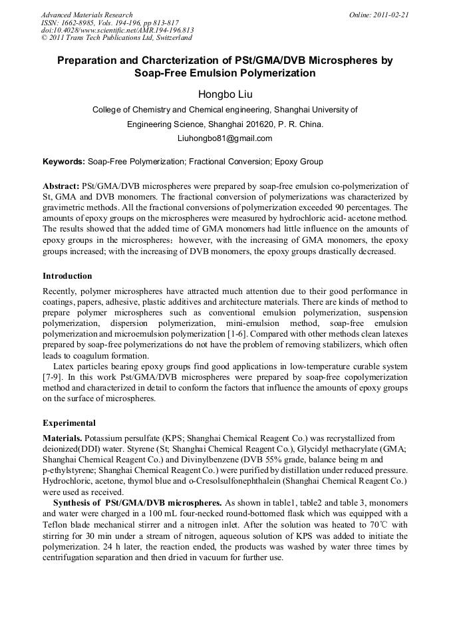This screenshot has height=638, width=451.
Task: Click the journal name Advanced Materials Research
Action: (86, 15)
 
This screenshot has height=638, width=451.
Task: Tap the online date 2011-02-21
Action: (390, 15)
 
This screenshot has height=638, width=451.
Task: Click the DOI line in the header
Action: (117, 31)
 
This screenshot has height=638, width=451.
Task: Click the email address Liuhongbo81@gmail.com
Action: (225, 138)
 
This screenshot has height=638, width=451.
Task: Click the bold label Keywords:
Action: (64, 161)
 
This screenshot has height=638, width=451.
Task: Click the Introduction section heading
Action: (67, 275)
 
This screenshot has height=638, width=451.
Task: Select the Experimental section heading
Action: (69, 422)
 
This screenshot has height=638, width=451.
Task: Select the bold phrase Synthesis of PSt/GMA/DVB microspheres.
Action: (138, 502)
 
